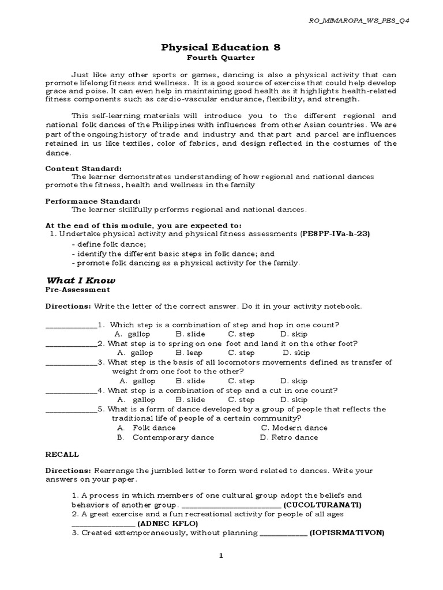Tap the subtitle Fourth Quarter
[x=221, y=58]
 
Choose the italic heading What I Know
[x=81, y=280]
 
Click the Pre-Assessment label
[x=78, y=290]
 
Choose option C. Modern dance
[x=294, y=428]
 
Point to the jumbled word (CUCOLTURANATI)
[x=322, y=505]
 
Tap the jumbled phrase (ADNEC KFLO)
[x=168, y=524]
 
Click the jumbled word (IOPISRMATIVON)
[x=347, y=533]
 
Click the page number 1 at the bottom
[x=221, y=556]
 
